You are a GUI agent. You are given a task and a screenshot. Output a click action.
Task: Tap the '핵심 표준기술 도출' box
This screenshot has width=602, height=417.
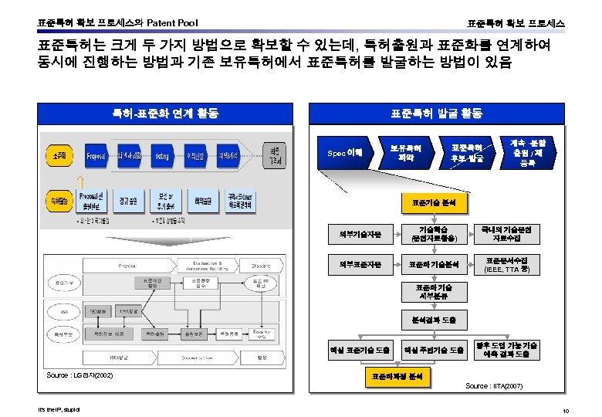pos(360,350)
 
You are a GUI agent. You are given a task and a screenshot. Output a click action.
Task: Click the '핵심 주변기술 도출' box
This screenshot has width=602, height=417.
pos(434,350)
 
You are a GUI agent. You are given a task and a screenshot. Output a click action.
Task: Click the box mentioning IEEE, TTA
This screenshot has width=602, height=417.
pos(507,265)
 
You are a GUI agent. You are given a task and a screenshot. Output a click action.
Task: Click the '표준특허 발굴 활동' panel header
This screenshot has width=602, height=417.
pos(436,114)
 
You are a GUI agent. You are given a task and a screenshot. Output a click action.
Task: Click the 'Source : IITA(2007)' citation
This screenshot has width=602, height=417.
pos(494,385)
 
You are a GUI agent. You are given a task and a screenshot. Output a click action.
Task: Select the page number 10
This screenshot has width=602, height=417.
pos(566,410)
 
